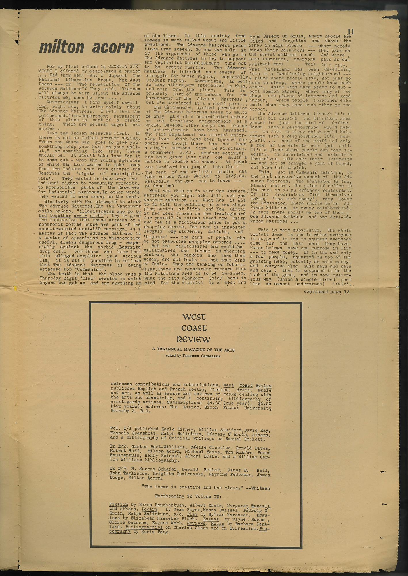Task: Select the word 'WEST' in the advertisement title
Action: point(195,317)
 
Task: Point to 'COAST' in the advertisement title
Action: point(195,328)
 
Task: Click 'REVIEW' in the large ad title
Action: point(195,339)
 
